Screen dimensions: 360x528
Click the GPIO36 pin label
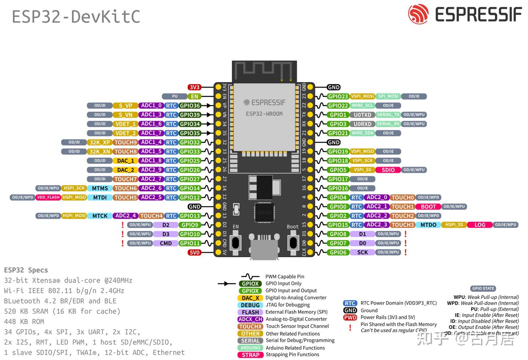[190, 106]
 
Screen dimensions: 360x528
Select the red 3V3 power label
[194, 87]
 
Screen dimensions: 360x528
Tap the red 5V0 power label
[194, 253]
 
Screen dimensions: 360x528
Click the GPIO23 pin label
[338, 96]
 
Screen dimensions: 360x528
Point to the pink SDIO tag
[388, 170]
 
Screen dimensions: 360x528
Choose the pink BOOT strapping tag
[428, 207]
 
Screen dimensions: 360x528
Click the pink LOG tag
[480, 225]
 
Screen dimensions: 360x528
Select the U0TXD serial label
[362, 115]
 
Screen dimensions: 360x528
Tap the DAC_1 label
[125, 161]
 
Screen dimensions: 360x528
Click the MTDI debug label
[100, 198]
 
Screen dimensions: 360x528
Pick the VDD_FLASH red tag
[48, 198]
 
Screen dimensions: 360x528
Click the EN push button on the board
[235, 242]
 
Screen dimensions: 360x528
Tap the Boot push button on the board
[293, 242]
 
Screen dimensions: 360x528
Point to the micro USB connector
[264, 246]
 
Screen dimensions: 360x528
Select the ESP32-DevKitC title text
[76, 17]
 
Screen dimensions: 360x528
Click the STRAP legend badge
[250, 355]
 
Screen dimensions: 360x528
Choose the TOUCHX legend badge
[250, 326]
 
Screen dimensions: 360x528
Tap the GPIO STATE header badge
[483, 289]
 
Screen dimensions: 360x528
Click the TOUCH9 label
[125, 143]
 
